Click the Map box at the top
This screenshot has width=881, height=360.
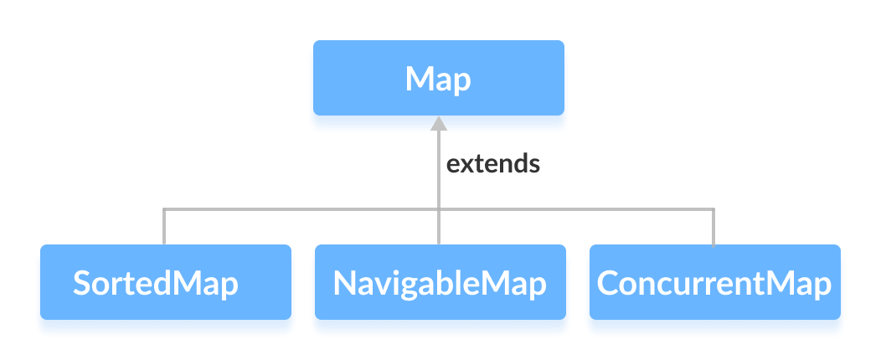[438, 78]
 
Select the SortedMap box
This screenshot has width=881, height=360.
[165, 282]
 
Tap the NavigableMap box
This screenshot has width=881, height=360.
[440, 282]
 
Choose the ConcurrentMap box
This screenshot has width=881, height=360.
[714, 282]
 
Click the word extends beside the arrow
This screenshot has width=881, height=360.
[492, 163]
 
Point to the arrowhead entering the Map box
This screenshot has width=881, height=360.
[438, 123]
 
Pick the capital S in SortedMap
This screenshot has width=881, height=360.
[81, 283]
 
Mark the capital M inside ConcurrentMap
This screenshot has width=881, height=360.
[783, 283]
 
